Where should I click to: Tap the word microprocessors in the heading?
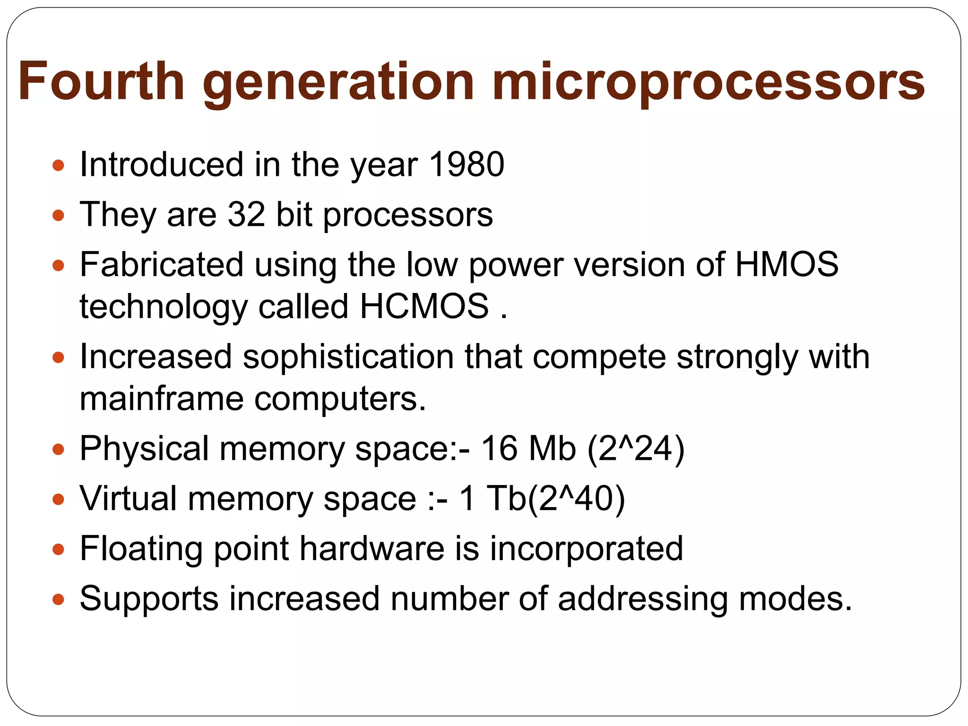point(708,83)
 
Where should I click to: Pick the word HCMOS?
point(424,306)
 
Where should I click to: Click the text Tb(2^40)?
point(555,498)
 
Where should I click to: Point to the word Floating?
point(141,549)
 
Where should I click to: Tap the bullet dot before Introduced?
point(58,165)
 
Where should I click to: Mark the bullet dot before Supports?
point(58,599)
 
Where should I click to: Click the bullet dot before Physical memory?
point(58,449)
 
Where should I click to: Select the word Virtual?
point(128,498)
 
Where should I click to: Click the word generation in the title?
point(338,83)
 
